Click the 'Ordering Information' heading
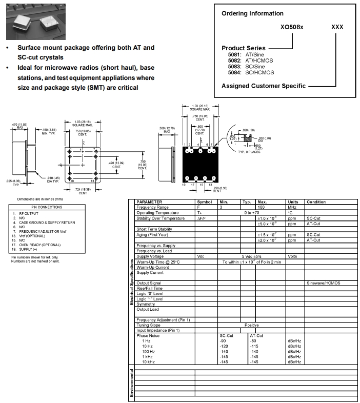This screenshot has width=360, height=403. (252, 13)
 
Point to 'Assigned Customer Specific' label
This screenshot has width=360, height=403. (264, 86)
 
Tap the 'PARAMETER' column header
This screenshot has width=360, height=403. (149, 202)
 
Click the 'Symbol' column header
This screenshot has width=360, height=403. (204, 202)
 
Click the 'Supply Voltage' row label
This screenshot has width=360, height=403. (150, 256)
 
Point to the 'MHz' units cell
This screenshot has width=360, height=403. (293, 207)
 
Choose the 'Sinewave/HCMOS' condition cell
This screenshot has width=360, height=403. (323, 283)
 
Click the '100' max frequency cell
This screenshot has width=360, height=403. (262, 207)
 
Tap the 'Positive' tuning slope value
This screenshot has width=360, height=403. (251, 325)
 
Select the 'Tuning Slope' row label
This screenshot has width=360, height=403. (149, 325)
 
